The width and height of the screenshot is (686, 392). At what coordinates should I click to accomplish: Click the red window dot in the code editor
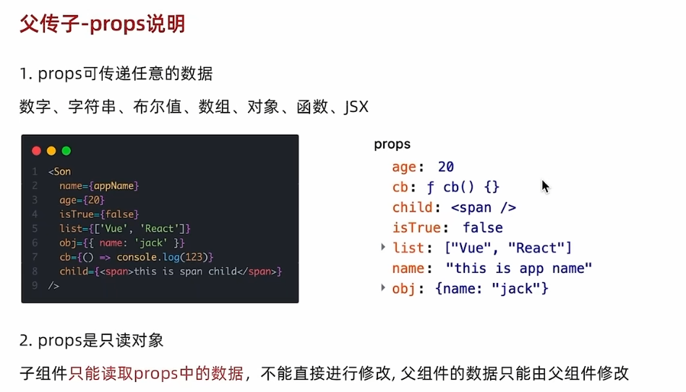pos(36,151)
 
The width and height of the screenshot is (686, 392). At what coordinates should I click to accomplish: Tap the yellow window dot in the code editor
pos(51,151)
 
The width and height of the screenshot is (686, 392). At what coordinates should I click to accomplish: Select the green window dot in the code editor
pos(67,151)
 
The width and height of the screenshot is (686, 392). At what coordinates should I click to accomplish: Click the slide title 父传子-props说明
pos(103,24)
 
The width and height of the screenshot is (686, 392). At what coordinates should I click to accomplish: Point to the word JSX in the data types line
pos(356,108)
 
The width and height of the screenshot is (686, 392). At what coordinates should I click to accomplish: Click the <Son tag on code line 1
pos(60,172)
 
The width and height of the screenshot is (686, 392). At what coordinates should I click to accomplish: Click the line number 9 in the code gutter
pos(35,285)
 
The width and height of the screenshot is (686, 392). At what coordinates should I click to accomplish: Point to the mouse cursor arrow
pos(545,186)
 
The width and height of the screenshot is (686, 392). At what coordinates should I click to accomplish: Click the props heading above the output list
pos(392,144)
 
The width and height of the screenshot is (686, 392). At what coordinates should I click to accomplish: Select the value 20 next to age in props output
pos(446,167)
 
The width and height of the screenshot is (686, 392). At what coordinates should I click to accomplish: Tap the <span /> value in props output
pos(484,208)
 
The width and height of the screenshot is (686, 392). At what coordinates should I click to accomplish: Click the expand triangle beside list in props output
pos(383,248)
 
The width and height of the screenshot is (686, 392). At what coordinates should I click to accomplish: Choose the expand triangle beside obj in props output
pos(383,288)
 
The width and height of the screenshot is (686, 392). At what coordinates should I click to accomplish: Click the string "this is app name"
pos(519,269)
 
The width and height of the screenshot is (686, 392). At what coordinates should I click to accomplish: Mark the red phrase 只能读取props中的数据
pos(157,373)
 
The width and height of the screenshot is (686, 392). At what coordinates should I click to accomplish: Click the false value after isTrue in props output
pos(483,228)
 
